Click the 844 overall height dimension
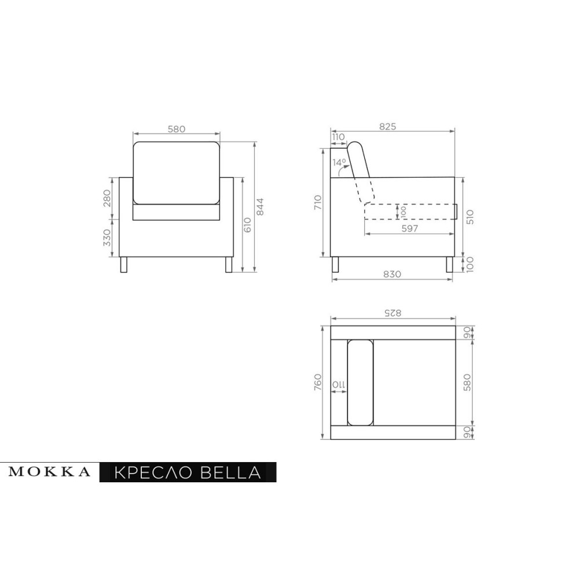click(260, 207)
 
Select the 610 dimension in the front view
click(247, 225)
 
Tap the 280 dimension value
click(107, 198)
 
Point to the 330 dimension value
click(107, 237)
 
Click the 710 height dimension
click(317, 203)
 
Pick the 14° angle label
click(339, 162)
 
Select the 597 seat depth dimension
click(409, 229)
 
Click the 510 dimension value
click(470, 217)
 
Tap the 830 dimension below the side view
click(392, 274)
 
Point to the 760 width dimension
click(317, 382)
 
